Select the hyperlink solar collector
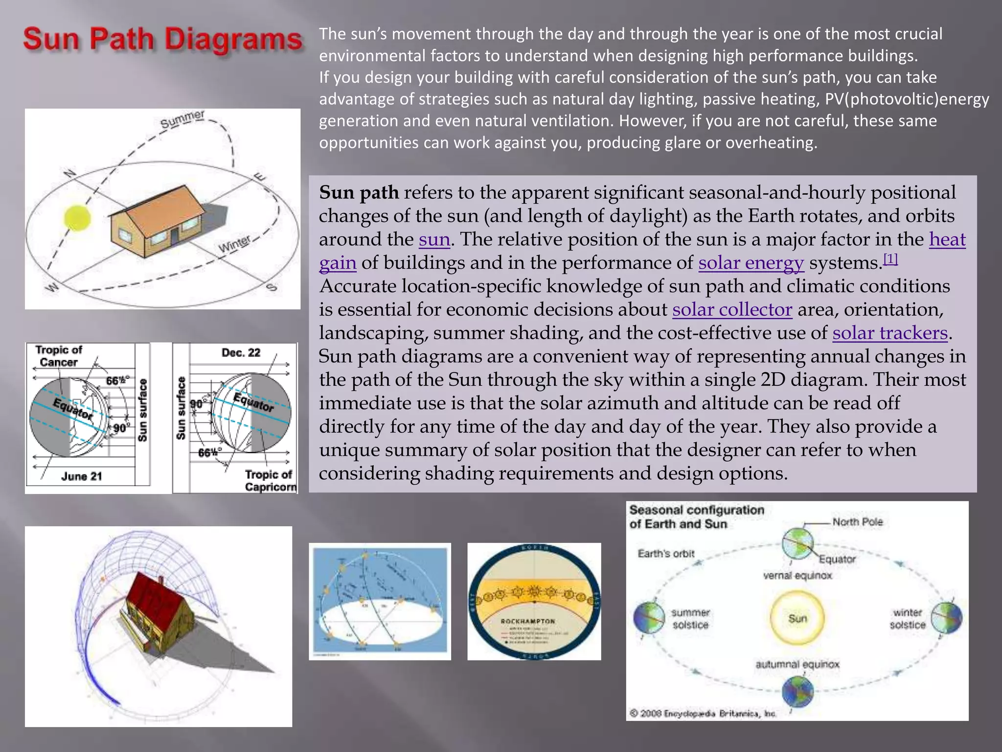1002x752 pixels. (x=732, y=310)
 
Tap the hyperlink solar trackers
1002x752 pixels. (x=890, y=333)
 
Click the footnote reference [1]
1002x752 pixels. (x=890, y=259)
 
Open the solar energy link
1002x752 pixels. (x=751, y=263)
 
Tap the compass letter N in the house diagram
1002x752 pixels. (x=70, y=173)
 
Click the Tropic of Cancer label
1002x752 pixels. (x=58, y=356)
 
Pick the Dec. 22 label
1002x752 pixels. (x=241, y=353)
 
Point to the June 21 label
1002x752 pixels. (x=81, y=476)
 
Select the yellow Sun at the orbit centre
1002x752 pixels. (x=797, y=618)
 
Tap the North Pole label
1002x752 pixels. (x=857, y=522)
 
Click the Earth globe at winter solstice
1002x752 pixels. (x=946, y=618)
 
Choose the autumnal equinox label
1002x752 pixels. (x=797, y=664)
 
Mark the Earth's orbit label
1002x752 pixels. (x=666, y=554)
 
